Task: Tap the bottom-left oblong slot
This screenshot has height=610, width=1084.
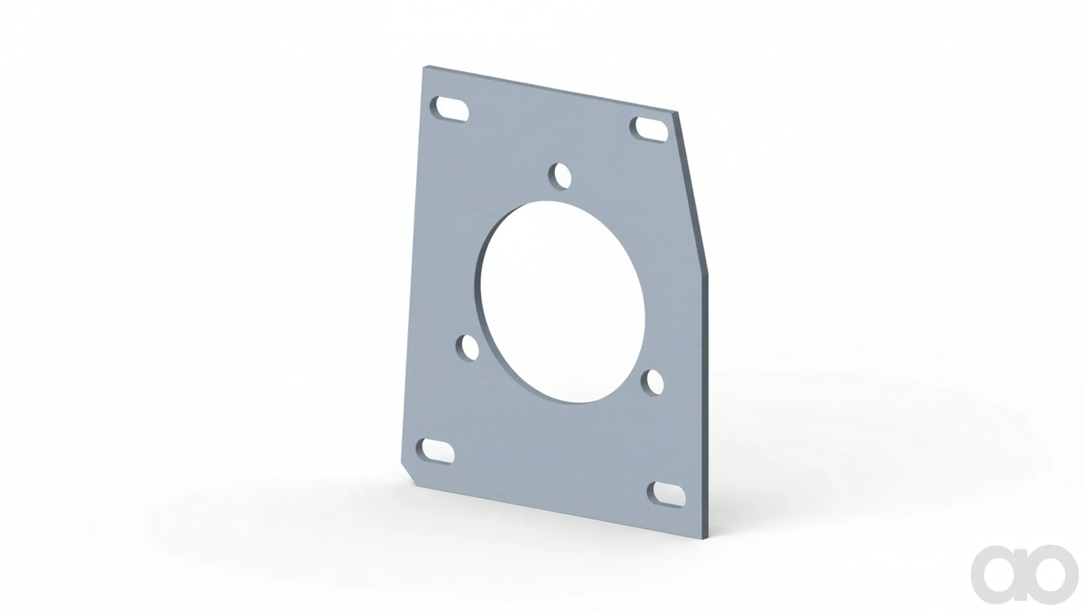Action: [x=436, y=451]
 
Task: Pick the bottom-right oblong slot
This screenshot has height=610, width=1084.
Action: [x=666, y=495]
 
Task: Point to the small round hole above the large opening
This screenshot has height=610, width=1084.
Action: [x=560, y=177]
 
